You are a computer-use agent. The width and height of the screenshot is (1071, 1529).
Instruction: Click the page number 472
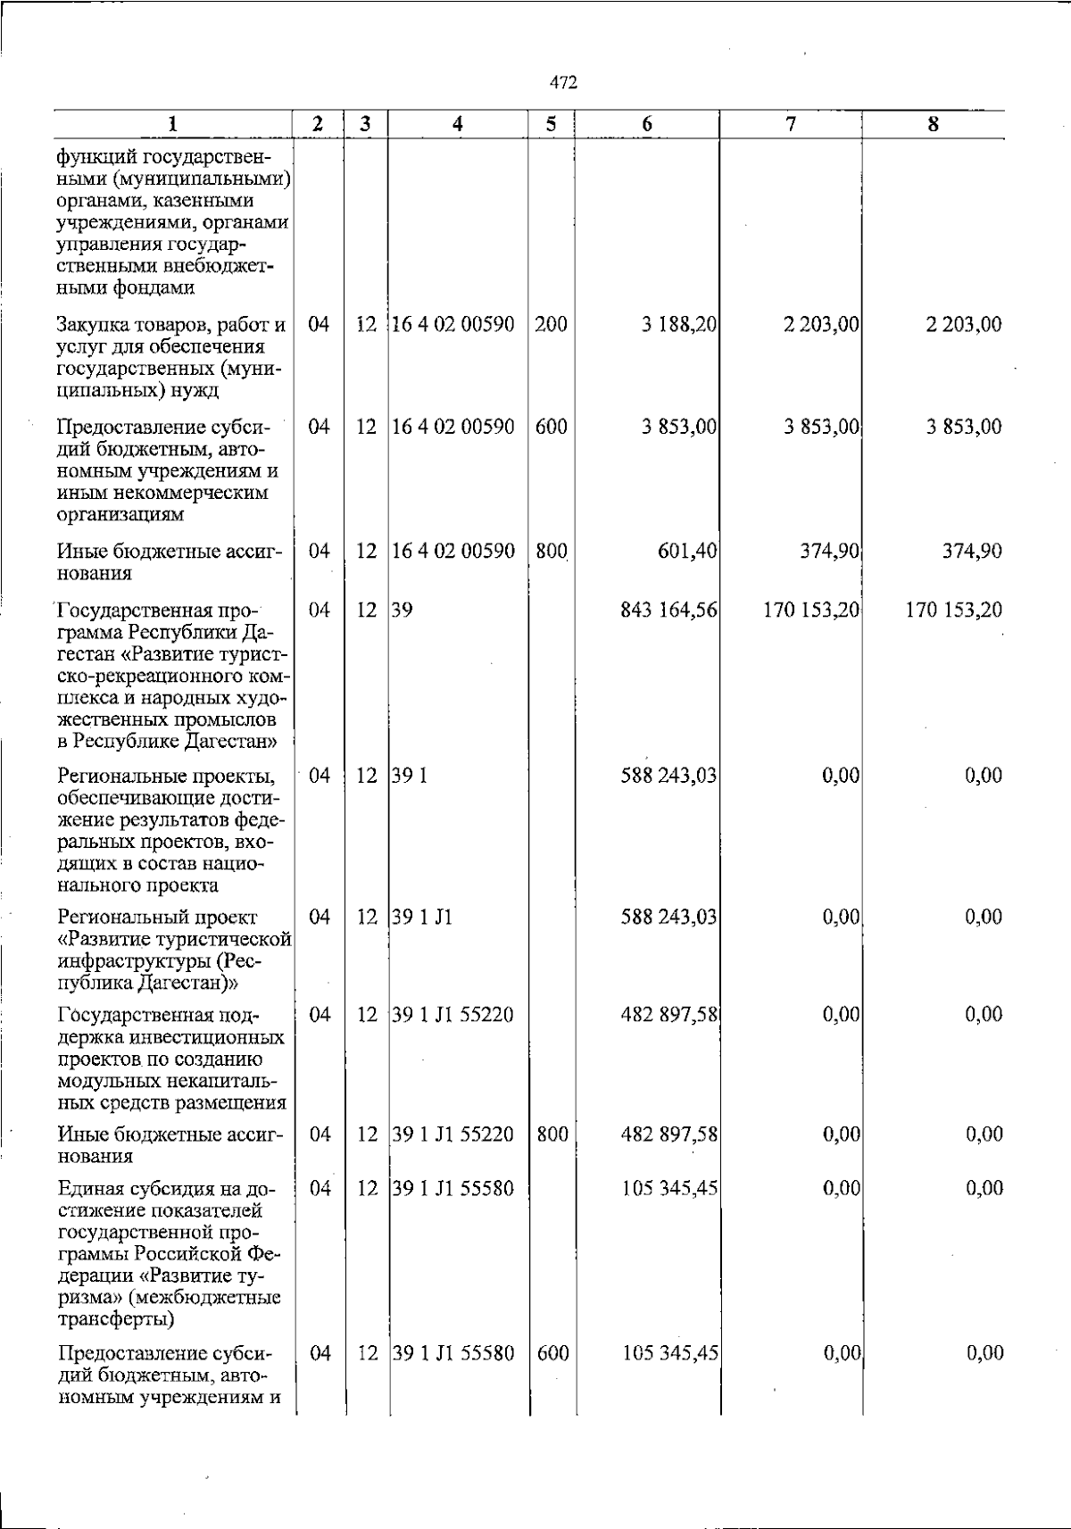[563, 83]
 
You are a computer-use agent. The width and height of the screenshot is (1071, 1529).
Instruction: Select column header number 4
[457, 125]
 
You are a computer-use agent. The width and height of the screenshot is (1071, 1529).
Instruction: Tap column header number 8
[933, 125]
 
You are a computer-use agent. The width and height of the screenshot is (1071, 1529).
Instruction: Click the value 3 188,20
[678, 324]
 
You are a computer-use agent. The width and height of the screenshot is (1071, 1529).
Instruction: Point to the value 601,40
[687, 552]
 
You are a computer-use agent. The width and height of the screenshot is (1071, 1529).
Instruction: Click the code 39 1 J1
[422, 917]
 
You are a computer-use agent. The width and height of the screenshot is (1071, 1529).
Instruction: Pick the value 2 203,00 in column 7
[821, 324]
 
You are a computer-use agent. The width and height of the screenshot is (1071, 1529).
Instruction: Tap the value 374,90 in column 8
[972, 552]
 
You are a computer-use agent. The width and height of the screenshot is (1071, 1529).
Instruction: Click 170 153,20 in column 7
[811, 611]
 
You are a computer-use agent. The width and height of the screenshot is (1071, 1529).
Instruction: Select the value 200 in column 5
[552, 324]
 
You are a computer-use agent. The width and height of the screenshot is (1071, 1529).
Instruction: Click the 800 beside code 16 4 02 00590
[552, 552]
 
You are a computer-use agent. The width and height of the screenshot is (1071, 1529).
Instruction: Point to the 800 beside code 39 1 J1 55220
[552, 1134]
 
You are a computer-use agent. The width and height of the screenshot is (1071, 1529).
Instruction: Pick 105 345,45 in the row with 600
[669, 1353]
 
